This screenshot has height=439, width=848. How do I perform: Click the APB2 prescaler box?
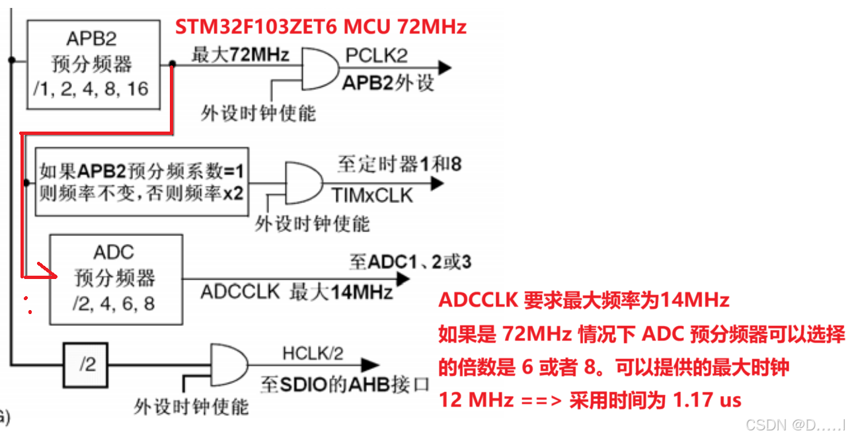(93, 64)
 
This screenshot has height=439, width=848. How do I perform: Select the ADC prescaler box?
(116, 278)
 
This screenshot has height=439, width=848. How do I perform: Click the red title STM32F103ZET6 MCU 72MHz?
(321, 26)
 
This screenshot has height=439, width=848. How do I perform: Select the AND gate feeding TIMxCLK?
(303, 183)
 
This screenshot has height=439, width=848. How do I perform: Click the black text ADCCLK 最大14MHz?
(297, 292)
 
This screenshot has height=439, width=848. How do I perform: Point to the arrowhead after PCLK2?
(444, 67)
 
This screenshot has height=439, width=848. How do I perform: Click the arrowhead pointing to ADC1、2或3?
(402, 278)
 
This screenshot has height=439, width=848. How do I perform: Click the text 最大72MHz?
(240, 55)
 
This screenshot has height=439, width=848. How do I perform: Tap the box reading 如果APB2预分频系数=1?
(141, 181)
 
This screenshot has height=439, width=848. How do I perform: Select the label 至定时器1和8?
(399, 164)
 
